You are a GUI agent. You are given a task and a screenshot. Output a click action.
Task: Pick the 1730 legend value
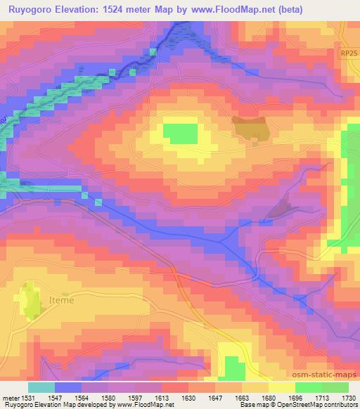tap(347, 398)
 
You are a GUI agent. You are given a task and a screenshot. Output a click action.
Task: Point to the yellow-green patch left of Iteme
tap(30, 300)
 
